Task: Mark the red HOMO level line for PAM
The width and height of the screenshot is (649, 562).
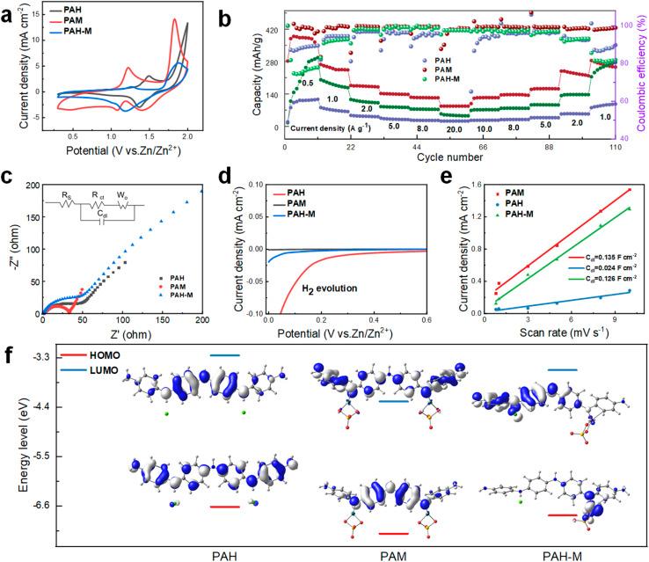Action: point(393,533)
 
